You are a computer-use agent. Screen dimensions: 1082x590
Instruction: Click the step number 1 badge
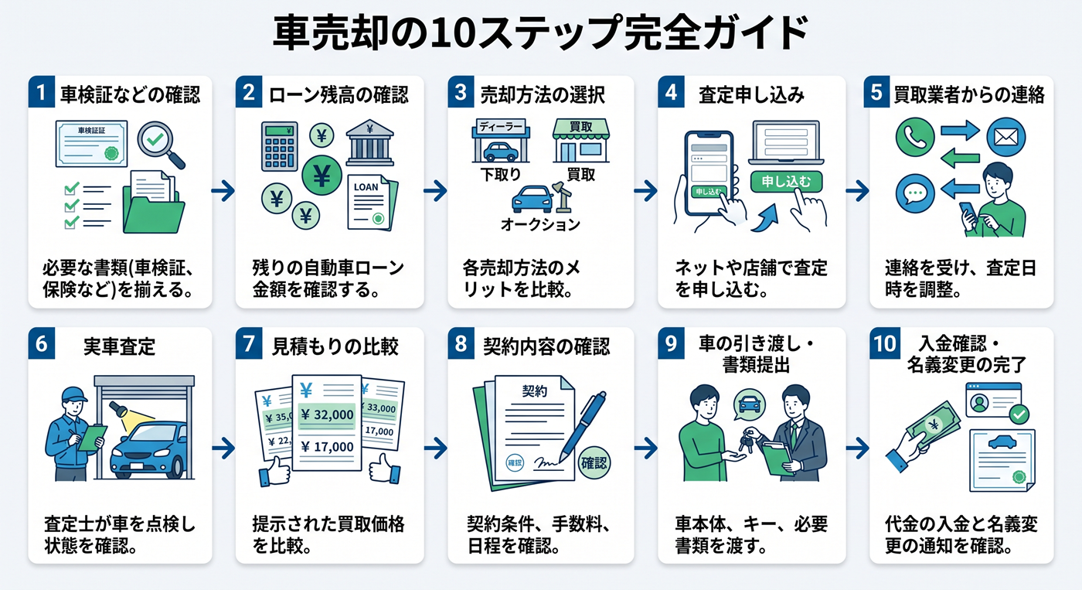click(41, 91)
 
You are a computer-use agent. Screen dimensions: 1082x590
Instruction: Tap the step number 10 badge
click(884, 343)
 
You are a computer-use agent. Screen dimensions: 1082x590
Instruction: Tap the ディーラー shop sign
click(501, 127)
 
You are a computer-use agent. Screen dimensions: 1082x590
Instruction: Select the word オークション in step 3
click(540, 225)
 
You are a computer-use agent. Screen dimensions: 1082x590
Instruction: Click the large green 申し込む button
click(786, 182)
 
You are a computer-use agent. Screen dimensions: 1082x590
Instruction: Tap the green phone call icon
click(914, 137)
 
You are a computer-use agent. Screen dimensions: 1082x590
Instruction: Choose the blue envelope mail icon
click(1005, 137)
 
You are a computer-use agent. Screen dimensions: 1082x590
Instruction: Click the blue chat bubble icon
click(914, 193)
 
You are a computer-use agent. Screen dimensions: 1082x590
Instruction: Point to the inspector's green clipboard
click(92, 438)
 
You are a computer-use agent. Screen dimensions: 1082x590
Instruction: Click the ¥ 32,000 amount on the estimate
click(327, 414)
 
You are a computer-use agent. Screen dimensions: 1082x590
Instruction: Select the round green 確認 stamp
click(594, 463)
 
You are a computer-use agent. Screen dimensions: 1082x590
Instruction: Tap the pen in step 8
click(583, 426)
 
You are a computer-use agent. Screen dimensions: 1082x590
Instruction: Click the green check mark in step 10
click(1019, 414)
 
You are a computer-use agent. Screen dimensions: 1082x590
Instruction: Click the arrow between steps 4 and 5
click(857, 191)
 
